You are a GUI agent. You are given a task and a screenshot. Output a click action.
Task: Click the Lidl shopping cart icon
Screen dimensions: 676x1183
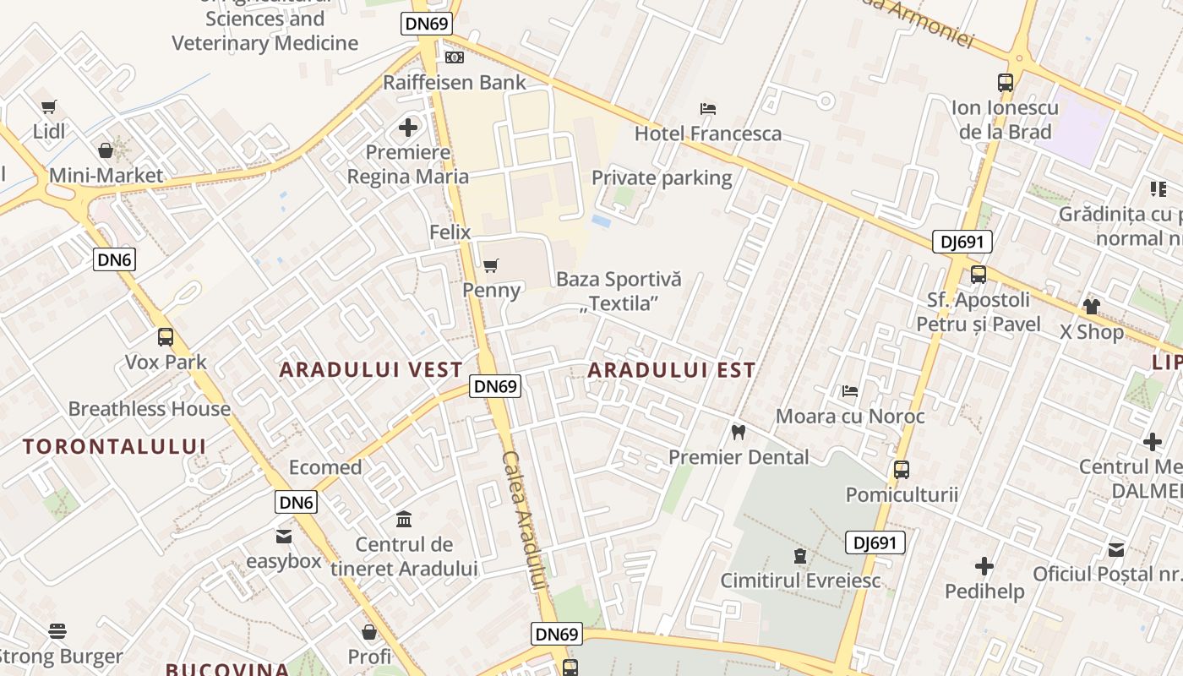coord(48,106)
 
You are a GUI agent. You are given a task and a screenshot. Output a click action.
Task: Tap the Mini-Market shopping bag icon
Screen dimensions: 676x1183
coord(106,150)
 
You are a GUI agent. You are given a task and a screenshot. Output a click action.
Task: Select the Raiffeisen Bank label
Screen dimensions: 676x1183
coord(455,82)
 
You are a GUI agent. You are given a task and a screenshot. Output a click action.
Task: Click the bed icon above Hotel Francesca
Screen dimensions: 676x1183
coord(708,108)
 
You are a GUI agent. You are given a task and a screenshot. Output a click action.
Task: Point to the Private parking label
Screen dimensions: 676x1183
coord(662,177)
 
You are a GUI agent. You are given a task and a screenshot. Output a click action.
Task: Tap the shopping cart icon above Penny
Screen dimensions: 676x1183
coord(490,266)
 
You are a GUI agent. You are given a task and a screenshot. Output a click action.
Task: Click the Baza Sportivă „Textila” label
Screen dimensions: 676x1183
coord(619,292)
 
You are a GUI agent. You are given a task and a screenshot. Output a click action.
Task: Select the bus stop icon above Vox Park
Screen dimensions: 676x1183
coord(166,337)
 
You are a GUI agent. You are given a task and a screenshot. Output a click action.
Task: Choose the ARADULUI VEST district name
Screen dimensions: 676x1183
coord(371,369)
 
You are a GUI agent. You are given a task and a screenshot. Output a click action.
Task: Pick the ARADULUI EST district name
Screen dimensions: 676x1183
coord(672,369)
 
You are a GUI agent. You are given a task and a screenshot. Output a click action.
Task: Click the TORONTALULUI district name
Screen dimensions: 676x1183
coord(114,446)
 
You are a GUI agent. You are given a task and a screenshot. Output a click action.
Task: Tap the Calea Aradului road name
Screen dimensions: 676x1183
coord(524,520)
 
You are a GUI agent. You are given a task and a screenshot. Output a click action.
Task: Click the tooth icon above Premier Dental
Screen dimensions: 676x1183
coord(739,432)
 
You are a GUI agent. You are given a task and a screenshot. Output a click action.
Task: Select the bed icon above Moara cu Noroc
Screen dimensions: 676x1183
coord(850,390)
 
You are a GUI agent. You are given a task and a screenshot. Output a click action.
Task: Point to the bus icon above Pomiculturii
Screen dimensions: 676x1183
coord(902,469)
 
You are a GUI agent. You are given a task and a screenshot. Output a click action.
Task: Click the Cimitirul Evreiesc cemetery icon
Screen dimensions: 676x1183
coord(799,556)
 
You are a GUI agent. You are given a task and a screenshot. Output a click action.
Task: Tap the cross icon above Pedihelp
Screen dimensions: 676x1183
coord(984,566)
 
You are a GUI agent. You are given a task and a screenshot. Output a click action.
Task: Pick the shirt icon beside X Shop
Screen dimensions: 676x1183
coord(1092,306)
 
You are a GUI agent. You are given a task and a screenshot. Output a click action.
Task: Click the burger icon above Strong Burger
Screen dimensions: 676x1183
coord(57,631)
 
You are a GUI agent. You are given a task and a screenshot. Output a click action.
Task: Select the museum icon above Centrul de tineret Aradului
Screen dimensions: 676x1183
coord(404,518)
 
